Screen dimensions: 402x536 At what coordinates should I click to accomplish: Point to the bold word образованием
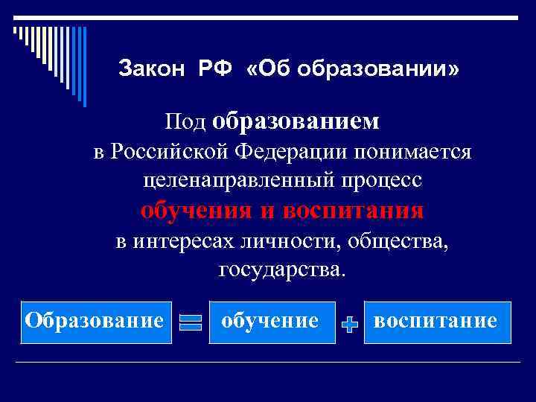296,121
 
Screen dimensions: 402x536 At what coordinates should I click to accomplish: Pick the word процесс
374,180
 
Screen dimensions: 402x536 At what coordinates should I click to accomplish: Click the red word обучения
196,211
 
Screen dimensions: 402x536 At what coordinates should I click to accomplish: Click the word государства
282,268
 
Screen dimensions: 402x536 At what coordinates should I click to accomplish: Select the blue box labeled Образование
95,322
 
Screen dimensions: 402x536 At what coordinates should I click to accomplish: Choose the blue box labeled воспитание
437,322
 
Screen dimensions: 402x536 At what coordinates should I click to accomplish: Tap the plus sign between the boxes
350,324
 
